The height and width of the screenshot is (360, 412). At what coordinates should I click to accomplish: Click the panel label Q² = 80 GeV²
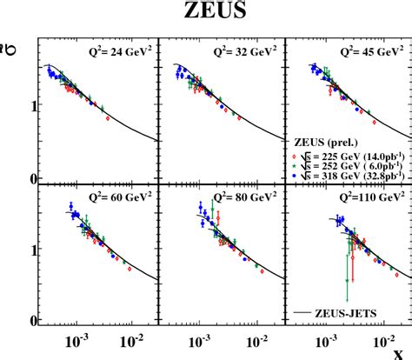pos(242,196)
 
